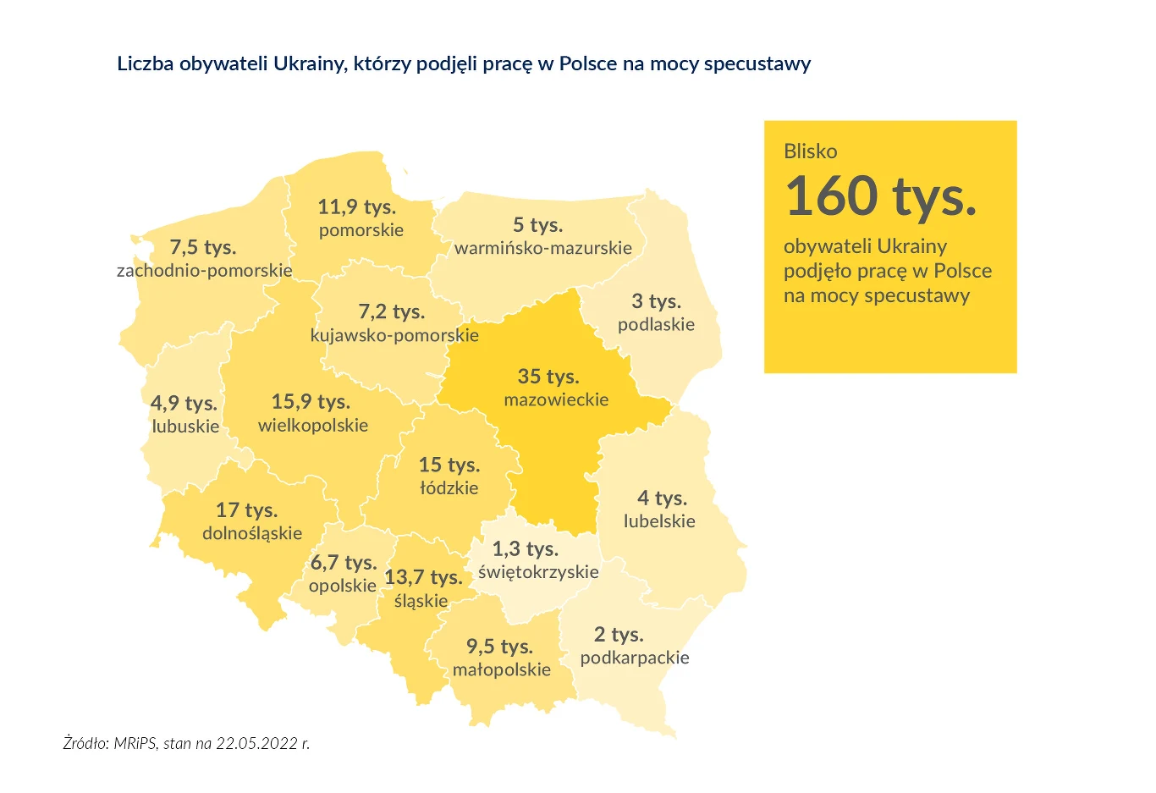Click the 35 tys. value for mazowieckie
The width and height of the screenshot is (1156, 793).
pos(548,377)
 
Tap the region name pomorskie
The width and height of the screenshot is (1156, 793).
pos(361,230)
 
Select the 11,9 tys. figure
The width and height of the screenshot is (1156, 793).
pos(356,207)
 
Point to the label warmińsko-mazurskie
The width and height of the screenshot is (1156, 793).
pos(543,248)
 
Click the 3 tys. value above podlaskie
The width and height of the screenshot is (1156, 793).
pos(656,301)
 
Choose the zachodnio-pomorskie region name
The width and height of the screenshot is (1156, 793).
pos(205,271)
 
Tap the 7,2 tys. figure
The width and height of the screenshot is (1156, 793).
pos(391,311)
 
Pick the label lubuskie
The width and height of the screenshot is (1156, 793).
pos(185,427)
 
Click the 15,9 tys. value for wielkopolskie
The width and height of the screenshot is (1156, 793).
pos(311,401)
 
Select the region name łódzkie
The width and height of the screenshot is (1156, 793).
pos(449,488)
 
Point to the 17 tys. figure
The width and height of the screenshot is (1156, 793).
pos(246,510)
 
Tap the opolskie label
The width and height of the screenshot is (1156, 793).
pos(343,586)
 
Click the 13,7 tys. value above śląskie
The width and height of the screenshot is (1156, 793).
pos(423,577)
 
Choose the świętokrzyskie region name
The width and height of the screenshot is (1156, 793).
pos(538,572)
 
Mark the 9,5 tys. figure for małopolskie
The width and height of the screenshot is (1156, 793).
pos(499,647)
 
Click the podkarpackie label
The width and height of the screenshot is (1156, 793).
pos(635,658)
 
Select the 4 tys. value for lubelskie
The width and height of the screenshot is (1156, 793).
pos(662,498)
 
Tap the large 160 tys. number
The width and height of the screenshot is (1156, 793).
pos(881,196)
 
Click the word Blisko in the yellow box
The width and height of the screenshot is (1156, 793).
pos(810,151)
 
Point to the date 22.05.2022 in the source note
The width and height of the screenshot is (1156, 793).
pos(256,744)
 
